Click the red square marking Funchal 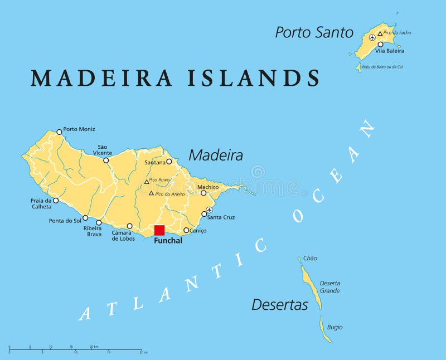[x=159, y=230]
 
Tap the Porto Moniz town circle [x=59, y=132]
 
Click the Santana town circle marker [x=169, y=162]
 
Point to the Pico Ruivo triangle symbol [x=147, y=181]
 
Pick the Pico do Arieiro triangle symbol [x=151, y=193]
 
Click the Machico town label [x=207, y=187]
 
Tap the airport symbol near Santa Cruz [x=210, y=210]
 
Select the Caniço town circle [x=186, y=230]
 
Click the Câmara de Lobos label [x=123, y=236]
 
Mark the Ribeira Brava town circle [x=99, y=222]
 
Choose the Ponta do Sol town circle [x=85, y=218]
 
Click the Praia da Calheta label [x=41, y=203]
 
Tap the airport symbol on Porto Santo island [x=372, y=38]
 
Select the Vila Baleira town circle [x=380, y=44]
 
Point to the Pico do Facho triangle [x=380, y=33]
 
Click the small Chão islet [x=299, y=259]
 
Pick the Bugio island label [x=334, y=327]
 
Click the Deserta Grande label [x=329, y=286]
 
